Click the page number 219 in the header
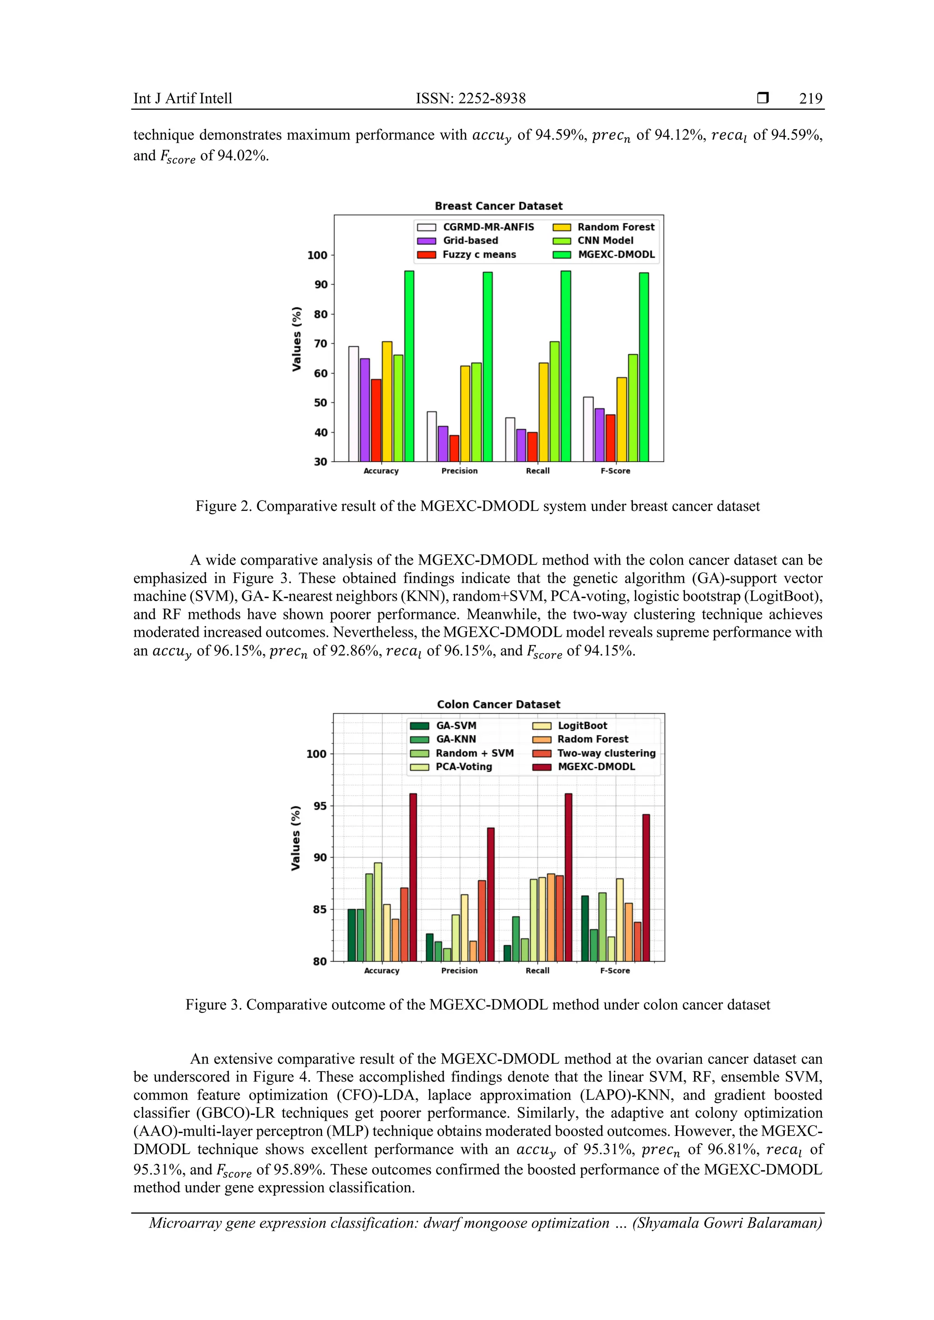point(810,98)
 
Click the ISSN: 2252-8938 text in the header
point(471,98)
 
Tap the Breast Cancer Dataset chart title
point(498,206)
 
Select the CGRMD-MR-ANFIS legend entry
point(488,227)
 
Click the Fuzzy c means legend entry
point(478,255)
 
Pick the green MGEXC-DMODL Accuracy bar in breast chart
point(409,366)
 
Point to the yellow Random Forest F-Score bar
point(622,419)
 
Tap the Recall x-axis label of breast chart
point(537,471)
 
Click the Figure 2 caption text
point(477,506)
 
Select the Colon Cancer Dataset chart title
point(498,704)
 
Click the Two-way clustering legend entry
point(606,753)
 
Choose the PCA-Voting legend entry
point(463,767)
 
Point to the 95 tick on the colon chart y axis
point(320,806)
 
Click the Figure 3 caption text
point(477,1005)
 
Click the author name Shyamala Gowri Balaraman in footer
point(727,1223)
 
